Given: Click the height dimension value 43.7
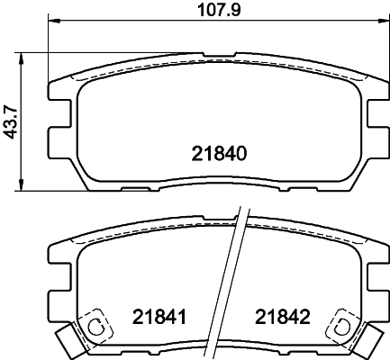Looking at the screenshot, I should coord(12,120).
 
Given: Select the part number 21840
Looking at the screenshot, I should coord(216,153).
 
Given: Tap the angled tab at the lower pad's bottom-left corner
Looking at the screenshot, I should coord(68,341).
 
